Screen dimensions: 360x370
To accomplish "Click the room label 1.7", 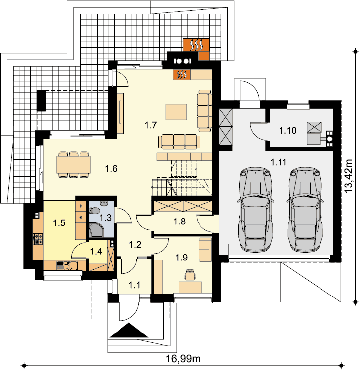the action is (x=151, y=125).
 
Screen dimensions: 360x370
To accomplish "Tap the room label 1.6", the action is (x=111, y=169).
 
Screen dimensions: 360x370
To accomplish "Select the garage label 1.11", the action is (x=279, y=162).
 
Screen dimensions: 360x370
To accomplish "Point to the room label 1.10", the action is (x=288, y=130).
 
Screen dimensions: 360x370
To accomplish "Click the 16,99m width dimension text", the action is (x=183, y=359).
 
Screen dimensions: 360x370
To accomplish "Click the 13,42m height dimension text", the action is (x=348, y=176).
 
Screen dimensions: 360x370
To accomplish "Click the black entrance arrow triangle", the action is (x=129, y=331).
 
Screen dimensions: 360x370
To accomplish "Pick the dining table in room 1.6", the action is (x=74, y=164).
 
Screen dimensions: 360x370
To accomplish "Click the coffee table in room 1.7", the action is (x=176, y=112).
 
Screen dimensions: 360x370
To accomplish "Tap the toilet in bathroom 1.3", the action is (x=94, y=210).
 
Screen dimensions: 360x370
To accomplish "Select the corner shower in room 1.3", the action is (x=96, y=229).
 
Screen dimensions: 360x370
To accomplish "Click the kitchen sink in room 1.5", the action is (x=67, y=266).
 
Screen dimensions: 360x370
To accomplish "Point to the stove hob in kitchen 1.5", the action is (x=38, y=239).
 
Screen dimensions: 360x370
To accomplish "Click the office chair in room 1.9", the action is (x=190, y=275).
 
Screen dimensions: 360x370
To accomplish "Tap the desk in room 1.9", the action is (x=190, y=288).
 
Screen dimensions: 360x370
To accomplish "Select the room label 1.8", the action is (x=180, y=222).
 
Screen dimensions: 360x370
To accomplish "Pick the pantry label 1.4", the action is (x=96, y=251).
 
